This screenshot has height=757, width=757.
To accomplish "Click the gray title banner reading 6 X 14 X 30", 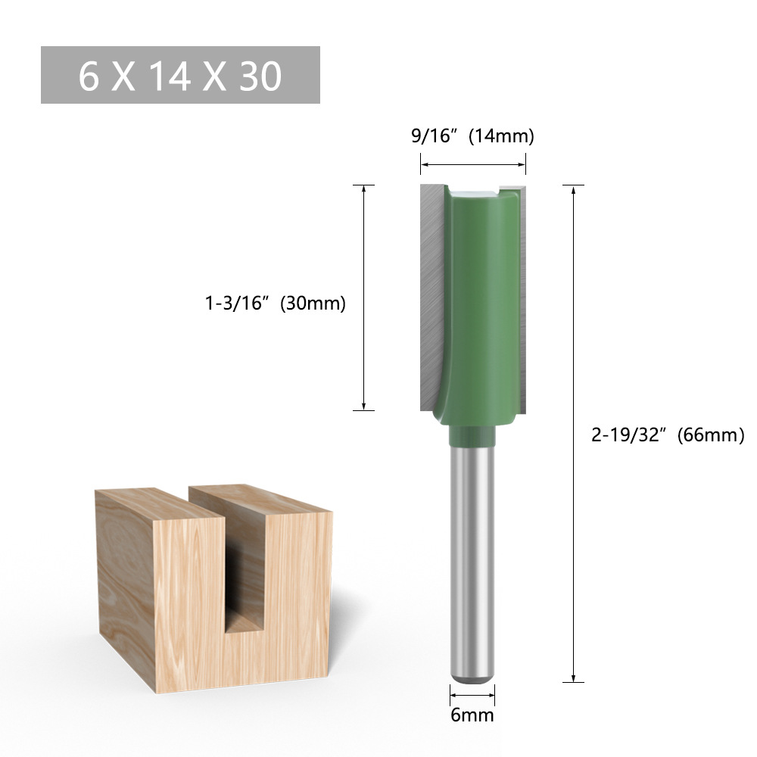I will click(180, 75).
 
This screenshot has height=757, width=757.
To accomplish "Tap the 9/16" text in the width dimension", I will click(435, 136).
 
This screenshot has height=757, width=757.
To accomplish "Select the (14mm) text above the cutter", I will click(501, 136).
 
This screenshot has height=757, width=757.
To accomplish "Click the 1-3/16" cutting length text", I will click(238, 304).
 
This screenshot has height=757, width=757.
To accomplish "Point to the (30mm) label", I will click(313, 304).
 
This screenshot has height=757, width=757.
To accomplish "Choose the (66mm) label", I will click(711, 435).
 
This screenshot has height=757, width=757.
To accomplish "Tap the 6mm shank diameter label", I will click(472, 715).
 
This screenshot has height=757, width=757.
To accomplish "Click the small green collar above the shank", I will click(472, 436).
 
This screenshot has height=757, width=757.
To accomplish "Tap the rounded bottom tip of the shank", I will click(472, 677).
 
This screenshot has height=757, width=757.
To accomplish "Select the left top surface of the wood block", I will click(159, 503).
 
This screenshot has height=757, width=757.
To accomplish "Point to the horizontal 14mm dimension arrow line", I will click(473, 164).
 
